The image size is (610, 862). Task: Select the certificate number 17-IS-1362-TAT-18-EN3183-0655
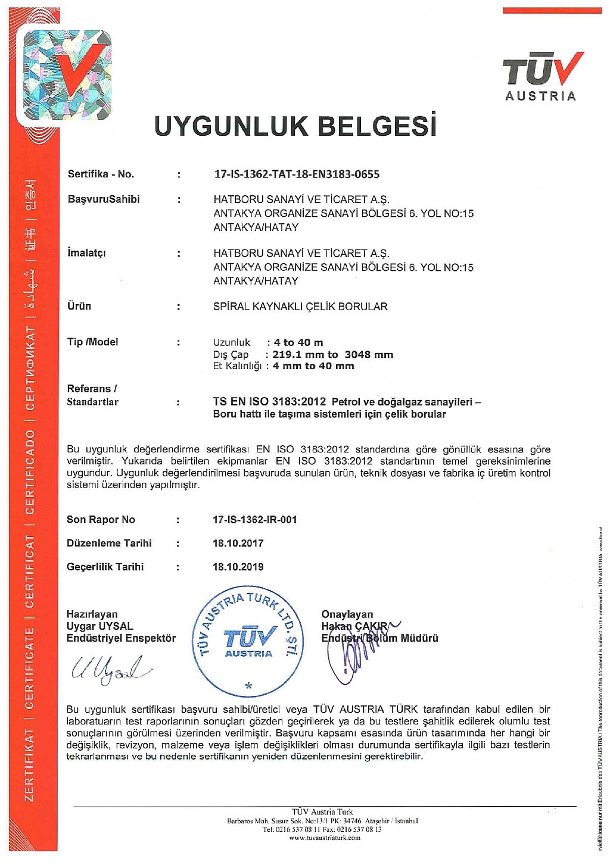[x=296, y=174]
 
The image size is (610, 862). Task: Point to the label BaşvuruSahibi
[x=104, y=199]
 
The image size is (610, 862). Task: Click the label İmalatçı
[x=86, y=253]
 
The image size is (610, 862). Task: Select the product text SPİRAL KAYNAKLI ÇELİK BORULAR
[x=300, y=307]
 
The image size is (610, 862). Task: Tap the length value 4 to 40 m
[x=298, y=342]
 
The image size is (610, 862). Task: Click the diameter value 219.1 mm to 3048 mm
[x=332, y=354]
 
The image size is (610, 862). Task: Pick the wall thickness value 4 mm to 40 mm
[x=313, y=366]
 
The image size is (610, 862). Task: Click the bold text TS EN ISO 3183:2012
[x=269, y=402]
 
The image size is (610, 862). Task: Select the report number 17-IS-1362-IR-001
[x=254, y=520]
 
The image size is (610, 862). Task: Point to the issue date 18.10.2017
[x=238, y=543]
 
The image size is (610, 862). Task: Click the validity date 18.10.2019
[x=238, y=567]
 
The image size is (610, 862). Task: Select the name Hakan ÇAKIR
[x=354, y=626]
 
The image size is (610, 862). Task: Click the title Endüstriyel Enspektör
[x=121, y=638]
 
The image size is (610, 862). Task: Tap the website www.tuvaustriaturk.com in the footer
[x=325, y=838]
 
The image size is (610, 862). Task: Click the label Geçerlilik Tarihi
[x=105, y=567]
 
